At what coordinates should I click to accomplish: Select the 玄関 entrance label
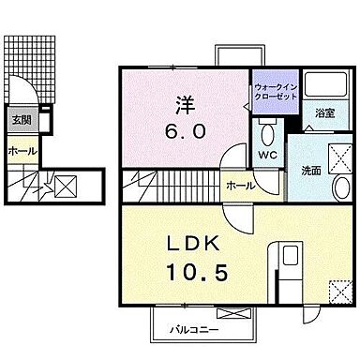click(20, 120)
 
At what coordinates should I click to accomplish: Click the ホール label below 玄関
click(20, 151)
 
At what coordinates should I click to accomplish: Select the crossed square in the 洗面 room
click(336, 155)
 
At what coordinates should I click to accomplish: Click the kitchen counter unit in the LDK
click(286, 267)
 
